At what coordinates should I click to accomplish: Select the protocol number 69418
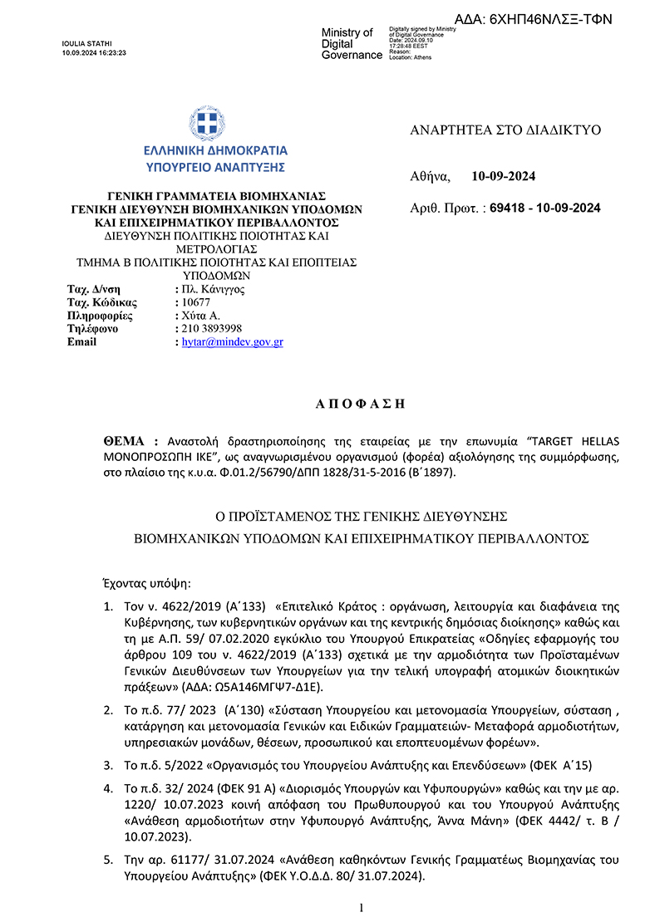508,208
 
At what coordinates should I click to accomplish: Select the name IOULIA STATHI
87,43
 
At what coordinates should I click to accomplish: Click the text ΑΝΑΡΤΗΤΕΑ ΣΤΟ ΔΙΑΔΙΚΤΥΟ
505,130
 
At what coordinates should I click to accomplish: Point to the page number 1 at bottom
361,908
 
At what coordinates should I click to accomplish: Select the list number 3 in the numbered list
107,764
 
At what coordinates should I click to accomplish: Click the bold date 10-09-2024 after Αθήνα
503,176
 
